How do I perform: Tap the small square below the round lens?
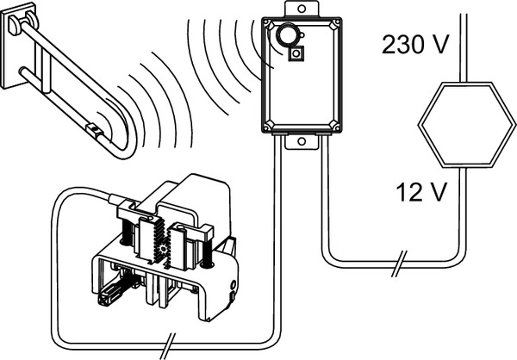(296, 53)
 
